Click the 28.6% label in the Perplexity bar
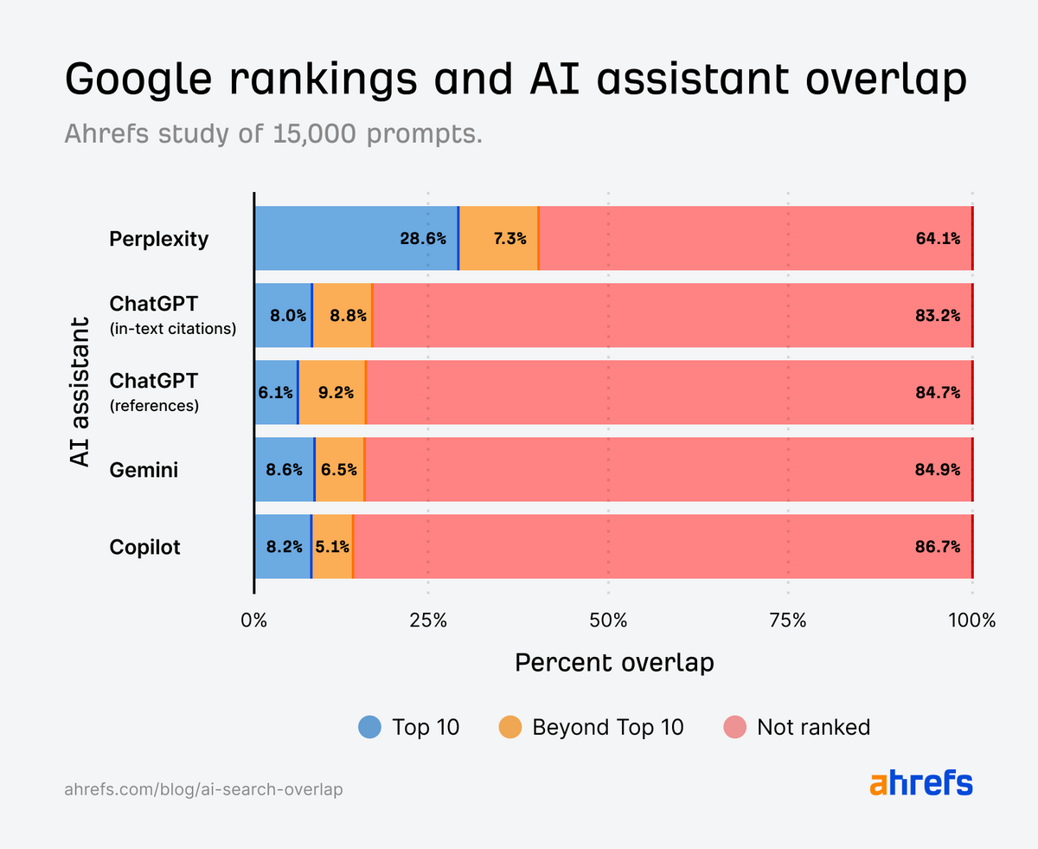coord(423,238)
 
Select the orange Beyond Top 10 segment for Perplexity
coord(498,238)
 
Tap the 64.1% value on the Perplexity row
coord(938,238)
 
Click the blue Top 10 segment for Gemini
coord(284,469)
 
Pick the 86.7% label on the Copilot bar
coord(938,547)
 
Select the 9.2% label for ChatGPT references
coord(336,392)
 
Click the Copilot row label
coord(144,547)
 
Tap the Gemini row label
coord(143,469)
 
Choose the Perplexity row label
coord(159,238)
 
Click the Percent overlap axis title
coord(614,663)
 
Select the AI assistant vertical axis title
coord(80,392)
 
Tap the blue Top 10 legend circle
coord(369,727)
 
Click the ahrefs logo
coord(920,783)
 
